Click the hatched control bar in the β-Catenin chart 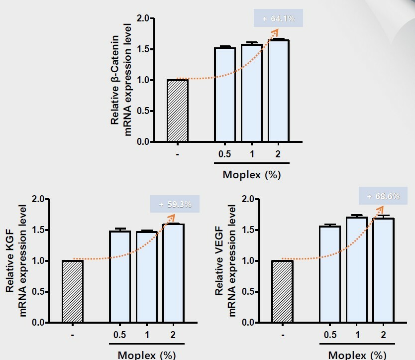[178, 111]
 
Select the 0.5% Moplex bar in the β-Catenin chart [225, 95]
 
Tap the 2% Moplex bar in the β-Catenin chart [279, 91]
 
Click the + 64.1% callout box [278, 19]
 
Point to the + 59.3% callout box [175, 204]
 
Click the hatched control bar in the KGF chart [73, 291]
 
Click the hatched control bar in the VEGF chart [282, 291]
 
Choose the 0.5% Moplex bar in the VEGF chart [329, 274]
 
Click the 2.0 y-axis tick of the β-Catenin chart [143, 18]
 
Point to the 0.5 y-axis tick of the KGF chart [38, 292]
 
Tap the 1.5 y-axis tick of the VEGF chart [247, 230]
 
